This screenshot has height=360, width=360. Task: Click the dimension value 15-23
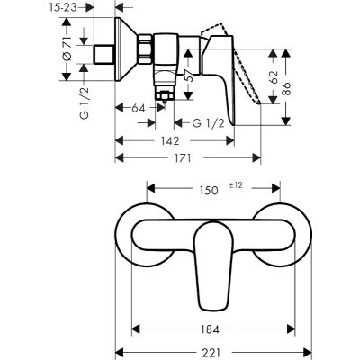point(62,7)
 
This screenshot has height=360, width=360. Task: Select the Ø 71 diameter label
point(67,49)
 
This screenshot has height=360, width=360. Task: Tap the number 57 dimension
point(189,75)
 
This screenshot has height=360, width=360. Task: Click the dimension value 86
point(286,89)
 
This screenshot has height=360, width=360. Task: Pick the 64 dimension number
point(139,108)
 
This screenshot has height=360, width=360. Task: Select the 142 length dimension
point(170,140)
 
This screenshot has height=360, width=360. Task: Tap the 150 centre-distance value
point(209,190)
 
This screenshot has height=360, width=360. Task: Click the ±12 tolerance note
point(236,185)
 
